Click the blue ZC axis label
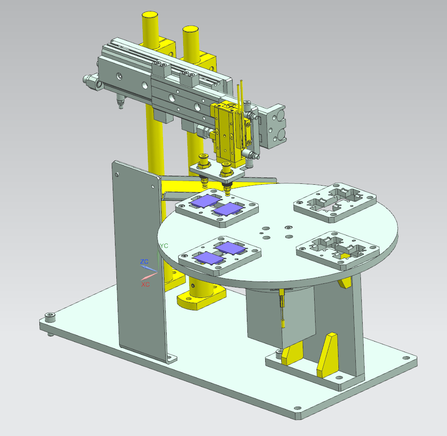(x=144, y=261)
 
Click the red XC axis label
(x=145, y=284)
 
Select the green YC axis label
(x=164, y=246)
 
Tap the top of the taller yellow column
(x=150, y=15)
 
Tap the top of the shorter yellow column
(x=191, y=29)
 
